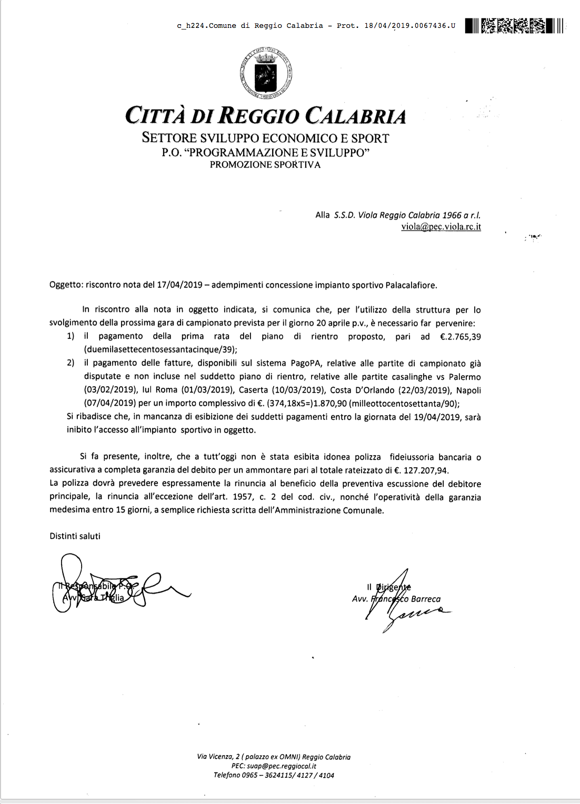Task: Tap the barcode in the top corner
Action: tap(514, 25)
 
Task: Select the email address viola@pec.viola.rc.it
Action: tap(441, 227)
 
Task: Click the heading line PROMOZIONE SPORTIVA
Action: tap(265, 165)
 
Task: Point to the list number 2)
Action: tap(71, 363)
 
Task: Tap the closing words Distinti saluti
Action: tap(75, 536)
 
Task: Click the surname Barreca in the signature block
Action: tap(424, 599)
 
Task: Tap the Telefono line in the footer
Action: tap(274, 775)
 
